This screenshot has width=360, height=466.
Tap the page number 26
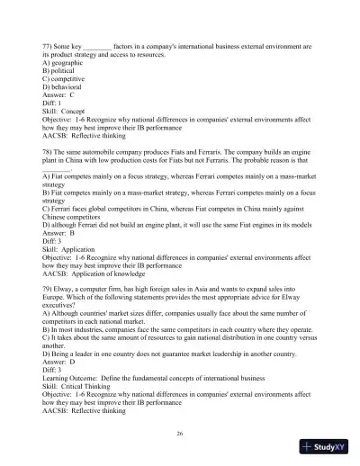pyautogui.click(x=180, y=434)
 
